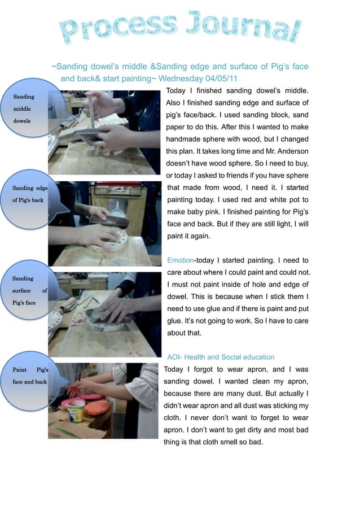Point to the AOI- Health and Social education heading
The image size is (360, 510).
[x=221, y=357]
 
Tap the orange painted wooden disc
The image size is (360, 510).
[x=96, y=407]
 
